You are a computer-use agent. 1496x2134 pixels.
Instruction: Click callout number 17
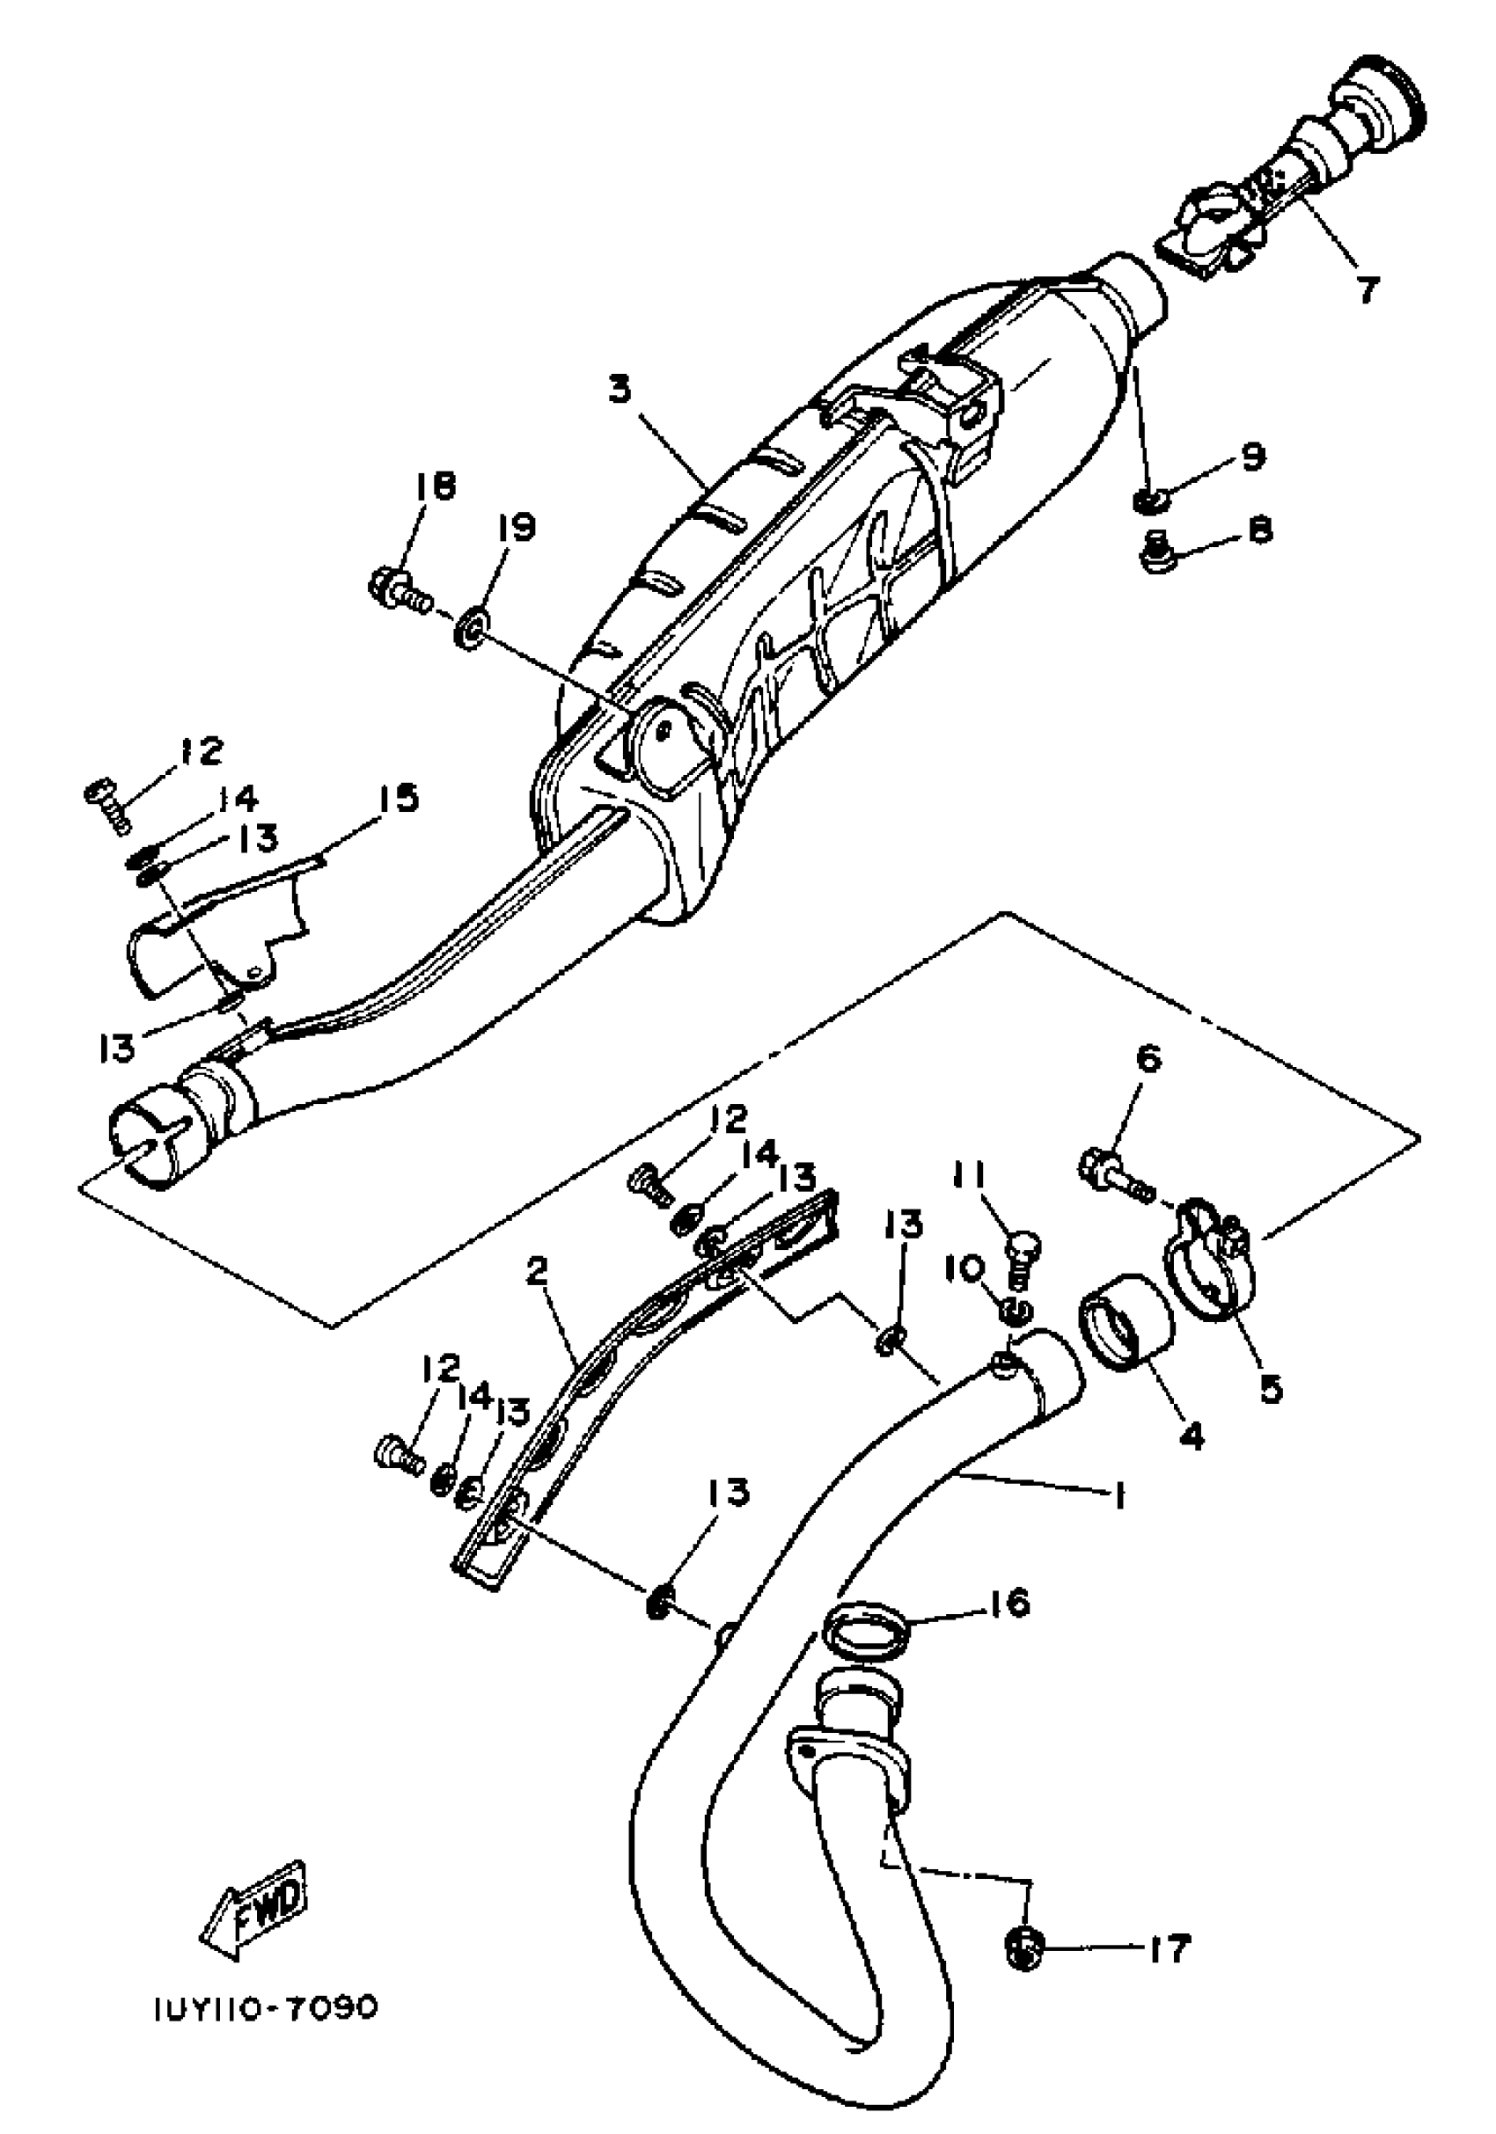1168,1948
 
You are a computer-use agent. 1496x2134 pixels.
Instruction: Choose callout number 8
1259,530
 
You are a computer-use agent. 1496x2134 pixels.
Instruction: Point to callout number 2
537,1271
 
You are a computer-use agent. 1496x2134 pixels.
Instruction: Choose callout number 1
1120,1496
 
